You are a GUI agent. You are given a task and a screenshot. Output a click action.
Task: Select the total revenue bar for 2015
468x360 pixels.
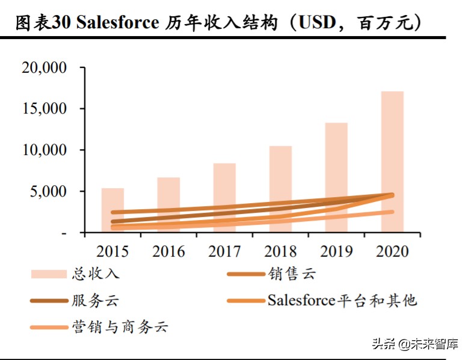(112, 201)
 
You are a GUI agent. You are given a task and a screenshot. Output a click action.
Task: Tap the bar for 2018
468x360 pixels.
(280, 174)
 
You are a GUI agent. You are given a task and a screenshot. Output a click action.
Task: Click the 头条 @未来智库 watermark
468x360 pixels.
(416, 344)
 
